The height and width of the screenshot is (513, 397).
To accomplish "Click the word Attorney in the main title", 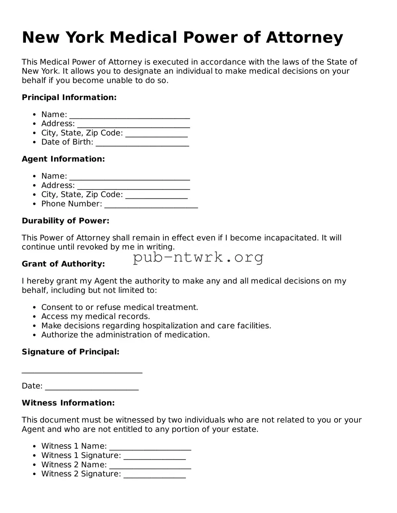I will (x=304, y=38).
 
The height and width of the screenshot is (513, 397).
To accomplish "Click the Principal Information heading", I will (x=69, y=97).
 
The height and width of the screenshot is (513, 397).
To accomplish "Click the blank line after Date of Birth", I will (x=142, y=143).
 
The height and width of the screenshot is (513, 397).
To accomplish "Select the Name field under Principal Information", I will (x=129, y=115).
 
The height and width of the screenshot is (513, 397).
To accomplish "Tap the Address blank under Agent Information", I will (x=133, y=186).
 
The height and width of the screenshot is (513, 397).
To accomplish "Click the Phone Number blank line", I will (x=151, y=204).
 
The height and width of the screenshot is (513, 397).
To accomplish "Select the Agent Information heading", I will (x=63, y=159).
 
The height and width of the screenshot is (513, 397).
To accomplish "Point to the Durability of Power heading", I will (x=65, y=221).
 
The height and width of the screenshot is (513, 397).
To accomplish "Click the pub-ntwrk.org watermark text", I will (x=198, y=257).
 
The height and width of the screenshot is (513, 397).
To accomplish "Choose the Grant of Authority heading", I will (x=63, y=264).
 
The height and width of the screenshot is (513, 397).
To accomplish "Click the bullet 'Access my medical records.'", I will (x=96, y=316).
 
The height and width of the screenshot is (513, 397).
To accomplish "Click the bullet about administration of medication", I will (x=125, y=335).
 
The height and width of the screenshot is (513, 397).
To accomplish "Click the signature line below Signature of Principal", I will (x=82, y=370).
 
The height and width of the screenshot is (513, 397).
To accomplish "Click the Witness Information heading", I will (x=68, y=403).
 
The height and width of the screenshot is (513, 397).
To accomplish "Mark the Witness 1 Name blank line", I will (x=150, y=447).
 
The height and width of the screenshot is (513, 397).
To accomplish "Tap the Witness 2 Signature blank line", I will (x=155, y=475).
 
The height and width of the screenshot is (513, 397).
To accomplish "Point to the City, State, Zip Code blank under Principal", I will (x=156, y=134).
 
